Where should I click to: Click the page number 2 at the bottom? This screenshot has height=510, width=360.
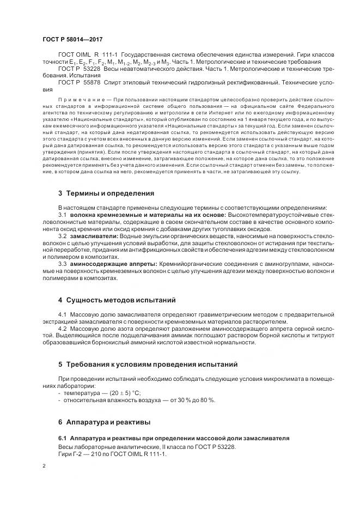coord(44,466)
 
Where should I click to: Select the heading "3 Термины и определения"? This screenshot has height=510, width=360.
coord(106,193)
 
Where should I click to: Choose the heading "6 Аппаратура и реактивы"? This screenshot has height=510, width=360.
coord(104,422)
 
